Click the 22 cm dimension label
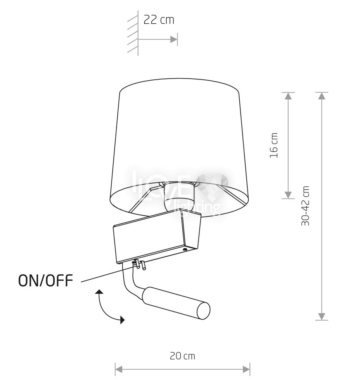point(159,20)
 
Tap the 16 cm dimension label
point(274,145)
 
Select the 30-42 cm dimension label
point(305,206)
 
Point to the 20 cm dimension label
point(182,356)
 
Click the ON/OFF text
point(46,281)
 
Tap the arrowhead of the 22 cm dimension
point(174,39)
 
